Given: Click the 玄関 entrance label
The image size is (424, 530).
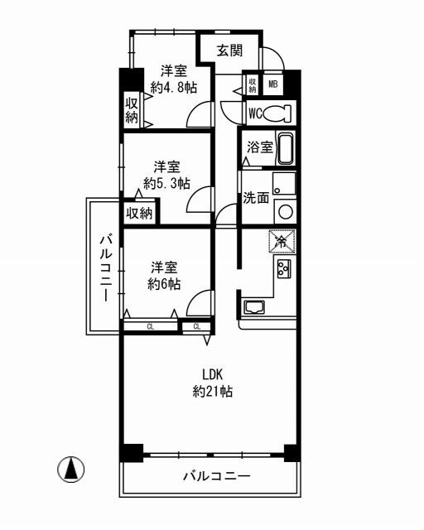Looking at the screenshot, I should click(229, 51).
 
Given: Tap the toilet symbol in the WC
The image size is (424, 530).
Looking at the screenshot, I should click(281, 112).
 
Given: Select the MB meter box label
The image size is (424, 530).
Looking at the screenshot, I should click(272, 84).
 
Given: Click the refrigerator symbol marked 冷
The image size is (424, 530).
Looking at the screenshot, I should click(282, 242).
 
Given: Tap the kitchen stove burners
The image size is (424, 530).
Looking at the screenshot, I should click(283, 269).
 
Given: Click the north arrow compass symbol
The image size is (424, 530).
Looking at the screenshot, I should click(72, 470).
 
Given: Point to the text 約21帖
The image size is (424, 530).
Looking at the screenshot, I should click(212, 392).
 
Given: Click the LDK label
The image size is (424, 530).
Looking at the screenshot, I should click(213, 373).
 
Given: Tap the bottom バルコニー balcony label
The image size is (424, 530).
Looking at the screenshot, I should click(215, 477).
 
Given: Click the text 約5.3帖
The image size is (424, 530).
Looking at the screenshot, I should click(166, 183).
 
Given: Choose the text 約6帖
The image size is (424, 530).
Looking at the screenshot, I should click(164, 283).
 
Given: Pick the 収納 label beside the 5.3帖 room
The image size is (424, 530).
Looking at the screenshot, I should click(140, 213).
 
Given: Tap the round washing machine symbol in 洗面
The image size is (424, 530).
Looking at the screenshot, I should click(285, 211).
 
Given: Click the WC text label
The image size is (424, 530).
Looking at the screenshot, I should click(255, 112).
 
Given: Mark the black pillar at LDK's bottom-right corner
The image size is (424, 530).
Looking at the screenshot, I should click(291, 453).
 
